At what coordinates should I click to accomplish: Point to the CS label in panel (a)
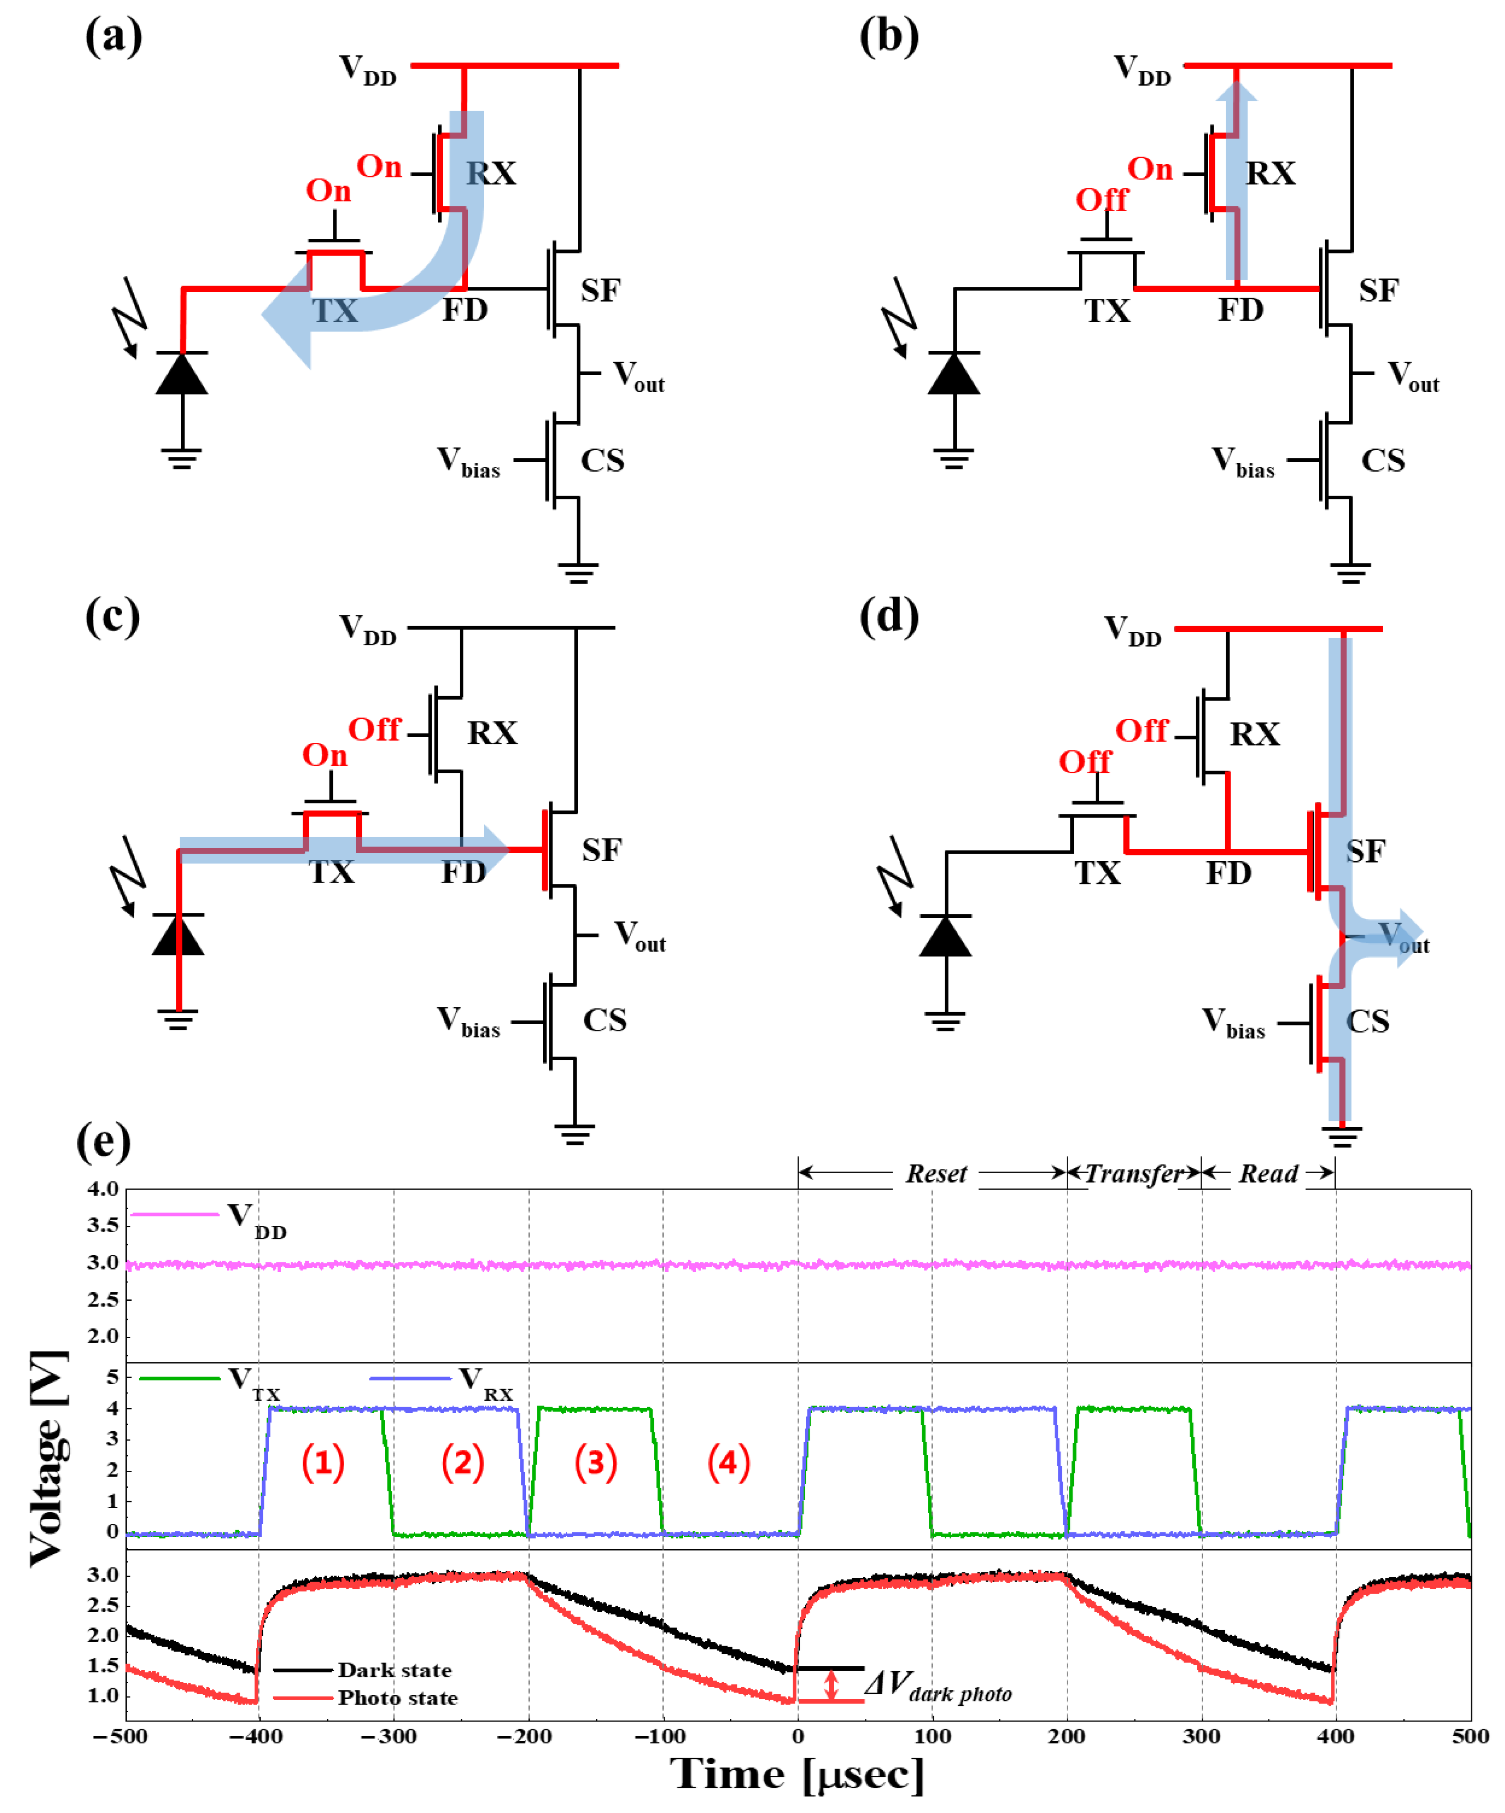tap(602, 460)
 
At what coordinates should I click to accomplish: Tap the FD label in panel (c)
tap(464, 872)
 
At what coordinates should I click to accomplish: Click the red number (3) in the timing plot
tap(596, 1462)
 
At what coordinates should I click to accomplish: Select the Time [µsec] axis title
tap(797, 1776)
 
